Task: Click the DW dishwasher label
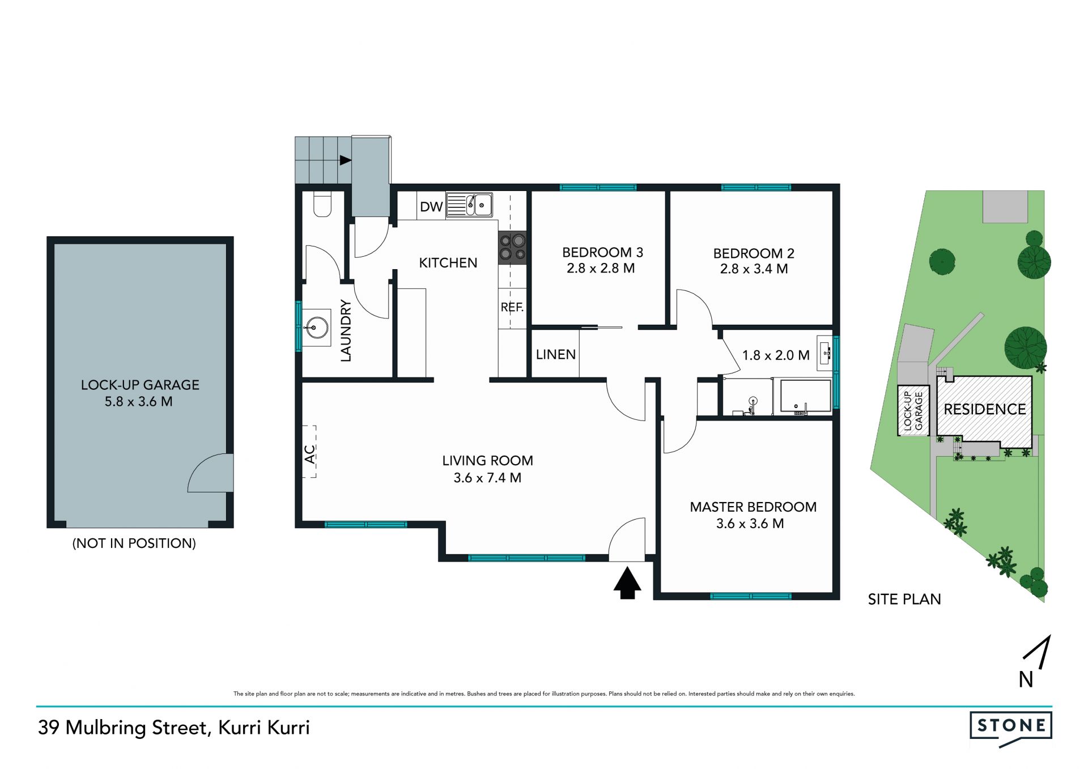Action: (x=431, y=207)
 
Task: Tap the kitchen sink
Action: (x=469, y=205)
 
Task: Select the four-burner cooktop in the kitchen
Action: (x=512, y=248)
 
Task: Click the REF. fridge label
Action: (x=512, y=307)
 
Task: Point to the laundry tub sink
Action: (x=314, y=327)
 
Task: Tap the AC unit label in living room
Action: (x=309, y=453)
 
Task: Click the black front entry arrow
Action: (x=627, y=583)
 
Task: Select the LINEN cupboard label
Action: (x=555, y=355)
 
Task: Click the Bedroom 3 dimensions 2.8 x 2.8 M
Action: (x=601, y=269)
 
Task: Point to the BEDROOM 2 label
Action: (x=753, y=253)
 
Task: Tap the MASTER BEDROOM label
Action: (x=753, y=507)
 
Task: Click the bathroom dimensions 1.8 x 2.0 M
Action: (x=775, y=356)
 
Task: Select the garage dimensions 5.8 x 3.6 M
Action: (x=139, y=402)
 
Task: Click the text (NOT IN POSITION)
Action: (x=134, y=543)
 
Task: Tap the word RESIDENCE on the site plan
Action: (x=984, y=409)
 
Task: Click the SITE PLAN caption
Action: (x=904, y=600)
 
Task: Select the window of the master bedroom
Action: (x=750, y=596)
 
